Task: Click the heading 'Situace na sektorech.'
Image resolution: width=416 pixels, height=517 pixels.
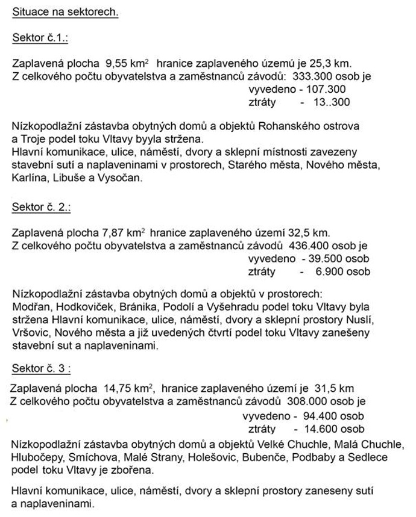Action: (x=65, y=12)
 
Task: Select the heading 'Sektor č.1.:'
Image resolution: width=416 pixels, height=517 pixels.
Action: (x=40, y=39)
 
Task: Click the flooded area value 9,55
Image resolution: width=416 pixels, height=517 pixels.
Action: (x=118, y=64)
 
